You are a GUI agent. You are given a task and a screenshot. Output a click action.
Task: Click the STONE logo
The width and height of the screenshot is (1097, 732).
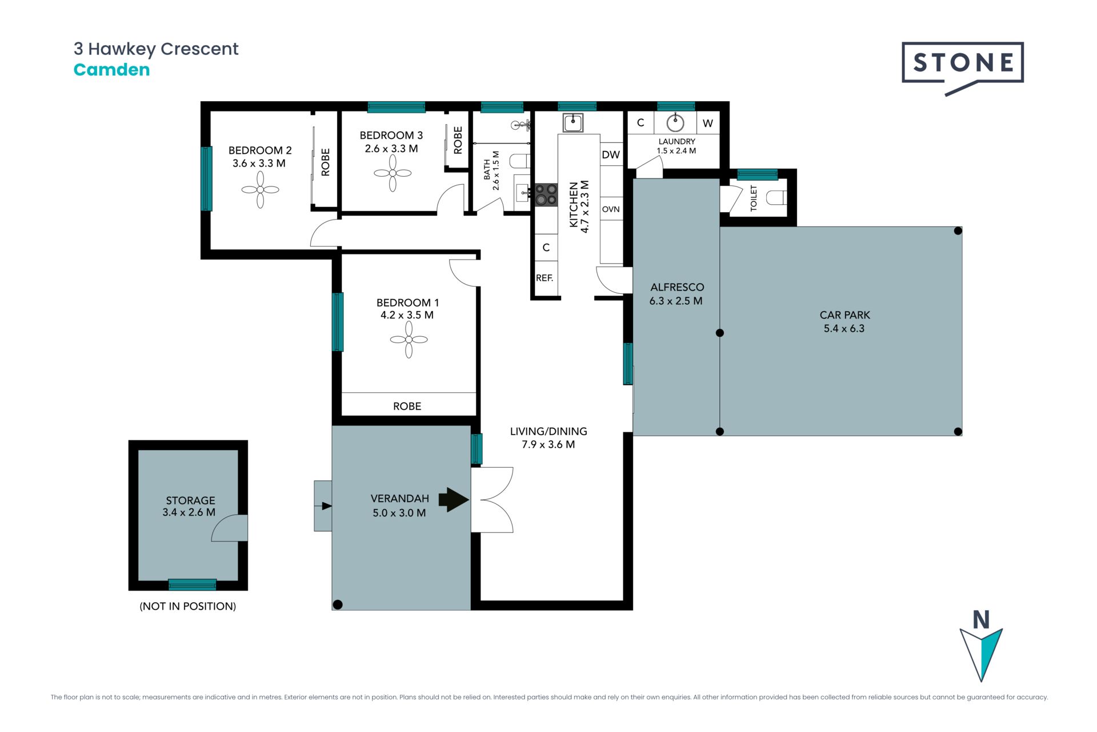(x=963, y=67)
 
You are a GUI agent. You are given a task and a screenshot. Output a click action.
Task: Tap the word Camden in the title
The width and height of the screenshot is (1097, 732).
(x=112, y=70)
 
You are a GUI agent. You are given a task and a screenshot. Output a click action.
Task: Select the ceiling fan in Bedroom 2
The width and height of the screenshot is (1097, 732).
(x=260, y=190)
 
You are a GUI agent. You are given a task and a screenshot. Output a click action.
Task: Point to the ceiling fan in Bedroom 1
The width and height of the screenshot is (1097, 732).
(x=409, y=340)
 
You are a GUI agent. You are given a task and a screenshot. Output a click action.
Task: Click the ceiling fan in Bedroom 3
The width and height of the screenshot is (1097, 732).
(x=393, y=173)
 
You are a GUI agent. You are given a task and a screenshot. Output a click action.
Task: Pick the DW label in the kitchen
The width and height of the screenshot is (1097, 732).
(x=611, y=154)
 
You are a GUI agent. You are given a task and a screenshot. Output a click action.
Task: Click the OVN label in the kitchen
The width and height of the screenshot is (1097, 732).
(x=611, y=209)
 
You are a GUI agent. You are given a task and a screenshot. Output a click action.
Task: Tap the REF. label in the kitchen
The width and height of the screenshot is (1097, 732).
(x=545, y=278)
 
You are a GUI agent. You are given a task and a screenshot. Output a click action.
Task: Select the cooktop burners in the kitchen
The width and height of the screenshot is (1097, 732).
(x=546, y=194)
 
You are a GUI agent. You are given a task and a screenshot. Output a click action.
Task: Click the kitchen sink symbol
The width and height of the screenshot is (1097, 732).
(x=573, y=122)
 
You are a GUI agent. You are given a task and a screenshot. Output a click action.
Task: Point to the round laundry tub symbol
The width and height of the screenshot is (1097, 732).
(x=675, y=122)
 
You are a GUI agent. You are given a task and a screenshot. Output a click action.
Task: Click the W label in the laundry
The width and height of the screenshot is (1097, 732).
(x=708, y=124)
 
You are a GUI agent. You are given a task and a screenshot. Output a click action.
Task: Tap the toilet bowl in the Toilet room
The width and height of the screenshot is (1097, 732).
(x=776, y=198)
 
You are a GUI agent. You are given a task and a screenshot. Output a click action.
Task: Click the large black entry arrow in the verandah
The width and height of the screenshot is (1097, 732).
(x=454, y=500)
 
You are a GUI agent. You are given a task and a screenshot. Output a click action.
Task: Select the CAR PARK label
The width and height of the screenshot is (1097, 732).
(x=844, y=315)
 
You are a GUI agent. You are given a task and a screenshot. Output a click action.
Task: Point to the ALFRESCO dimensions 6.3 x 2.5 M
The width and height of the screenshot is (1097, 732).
(x=676, y=301)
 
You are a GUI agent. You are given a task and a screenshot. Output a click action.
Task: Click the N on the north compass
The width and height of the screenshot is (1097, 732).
(x=981, y=620)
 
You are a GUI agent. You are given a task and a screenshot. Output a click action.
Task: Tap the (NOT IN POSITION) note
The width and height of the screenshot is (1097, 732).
(x=188, y=606)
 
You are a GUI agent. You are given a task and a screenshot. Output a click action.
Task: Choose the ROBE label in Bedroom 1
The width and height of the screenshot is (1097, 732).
(x=407, y=407)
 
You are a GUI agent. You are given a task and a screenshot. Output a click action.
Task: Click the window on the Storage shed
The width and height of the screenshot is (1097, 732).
(x=193, y=584)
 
